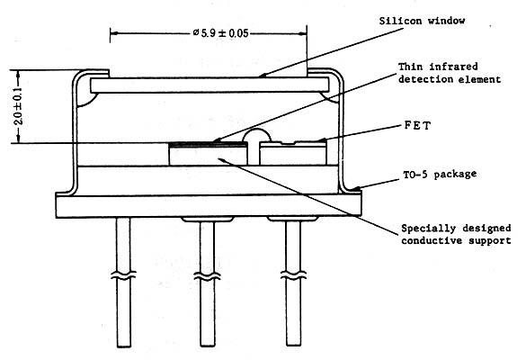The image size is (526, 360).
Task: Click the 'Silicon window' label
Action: pyautogui.click(x=422, y=21)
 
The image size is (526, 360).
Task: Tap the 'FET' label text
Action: pyautogui.click(x=417, y=126)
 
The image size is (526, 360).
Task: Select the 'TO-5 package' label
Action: pyautogui.click(x=440, y=175)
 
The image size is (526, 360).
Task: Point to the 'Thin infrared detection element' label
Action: pyautogui.click(x=450, y=73)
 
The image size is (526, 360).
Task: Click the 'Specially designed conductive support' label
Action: pyautogui.click(x=456, y=234)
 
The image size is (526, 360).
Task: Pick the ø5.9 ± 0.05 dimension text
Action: pyautogui.click(x=220, y=33)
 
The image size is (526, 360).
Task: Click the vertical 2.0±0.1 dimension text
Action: pyautogui.click(x=19, y=106)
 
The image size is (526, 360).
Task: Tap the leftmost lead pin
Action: pyautogui.click(x=123, y=283)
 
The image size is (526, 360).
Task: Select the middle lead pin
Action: pyautogui.click(x=208, y=283)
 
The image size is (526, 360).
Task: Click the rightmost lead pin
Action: pyautogui.click(x=293, y=283)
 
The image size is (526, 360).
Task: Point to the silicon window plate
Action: pyautogui.click(x=210, y=85)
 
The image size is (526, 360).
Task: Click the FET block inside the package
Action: pyautogui.click(x=293, y=153)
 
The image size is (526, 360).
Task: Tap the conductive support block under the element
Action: pyautogui.click(x=208, y=155)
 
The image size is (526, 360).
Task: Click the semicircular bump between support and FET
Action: pyautogui.click(x=256, y=135)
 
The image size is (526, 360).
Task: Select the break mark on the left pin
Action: pyautogui.click(x=123, y=275)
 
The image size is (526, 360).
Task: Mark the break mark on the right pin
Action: pyautogui.click(x=293, y=275)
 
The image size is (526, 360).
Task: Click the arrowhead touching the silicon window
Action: pyautogui.click(x=263, y=76)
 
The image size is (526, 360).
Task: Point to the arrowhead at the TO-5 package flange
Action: pyautogui.click(x=357, y=189)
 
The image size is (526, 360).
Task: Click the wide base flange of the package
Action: pyautogui.click(x=209, y=206)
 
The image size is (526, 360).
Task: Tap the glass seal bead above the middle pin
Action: pyautogui.click(x=208, y=220)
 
